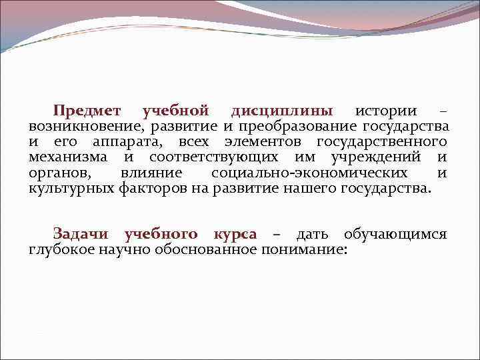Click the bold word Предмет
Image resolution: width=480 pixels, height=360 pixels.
tap(88, 110)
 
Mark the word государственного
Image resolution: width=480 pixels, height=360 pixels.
tap(381, 141)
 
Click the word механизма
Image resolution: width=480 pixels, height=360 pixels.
tap(67, 157)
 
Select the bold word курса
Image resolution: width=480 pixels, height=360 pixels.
tap(235, 234)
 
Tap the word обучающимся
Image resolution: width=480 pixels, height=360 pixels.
tap(395, 234)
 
